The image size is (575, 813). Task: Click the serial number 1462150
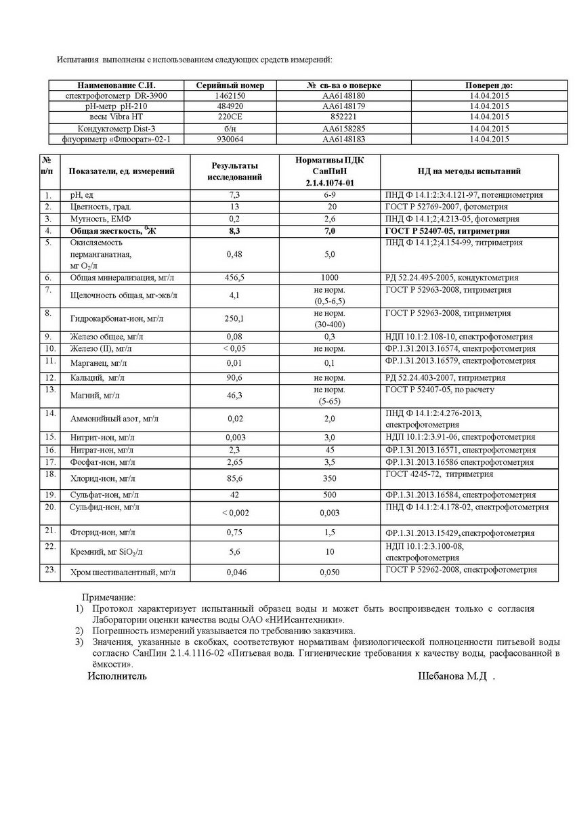[x=230, y=96]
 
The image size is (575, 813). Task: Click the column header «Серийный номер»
[x=230, y=85]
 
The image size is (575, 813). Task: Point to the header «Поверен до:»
[x=488, y=85]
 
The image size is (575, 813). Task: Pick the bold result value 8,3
[x=234, y=231]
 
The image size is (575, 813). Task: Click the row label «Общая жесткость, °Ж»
[x=111, y=231]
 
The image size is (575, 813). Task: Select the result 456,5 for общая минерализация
[x=234, y=278]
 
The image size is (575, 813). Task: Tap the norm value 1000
[x=330, y=278]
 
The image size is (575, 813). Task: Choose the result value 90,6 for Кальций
[x=234, y=377]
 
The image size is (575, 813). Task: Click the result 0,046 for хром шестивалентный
[x=234, y=572]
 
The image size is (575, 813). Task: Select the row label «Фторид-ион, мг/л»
[x=102, y=533]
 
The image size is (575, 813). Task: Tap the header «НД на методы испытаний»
[x=469, y=171]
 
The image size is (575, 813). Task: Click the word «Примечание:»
[x=109, y=598]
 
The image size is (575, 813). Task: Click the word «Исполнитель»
[x=116, y=676]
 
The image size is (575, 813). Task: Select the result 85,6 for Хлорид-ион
[x=234, y=478]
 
